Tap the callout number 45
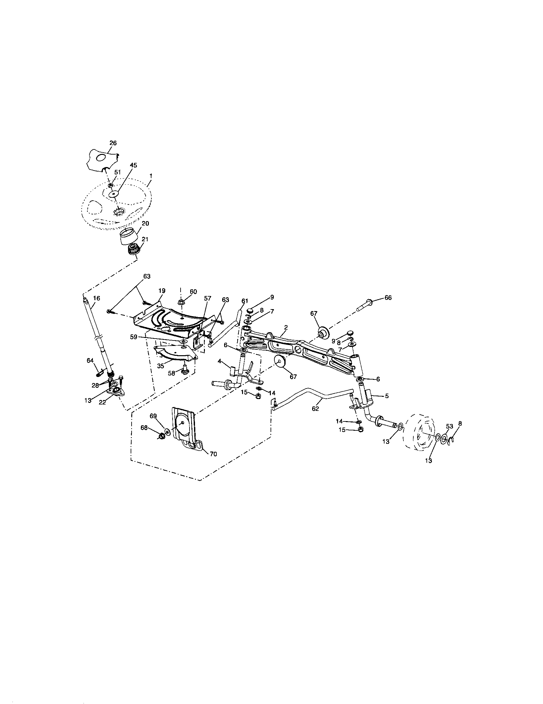pos(133,165)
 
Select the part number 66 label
pos(388,298)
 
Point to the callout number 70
pos(213,454)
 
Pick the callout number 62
pos(315,408)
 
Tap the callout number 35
pos(161,366)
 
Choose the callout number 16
pos(96,299)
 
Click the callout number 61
pos(245,301)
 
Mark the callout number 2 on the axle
pos(286,327)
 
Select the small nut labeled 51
pos(109,185)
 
